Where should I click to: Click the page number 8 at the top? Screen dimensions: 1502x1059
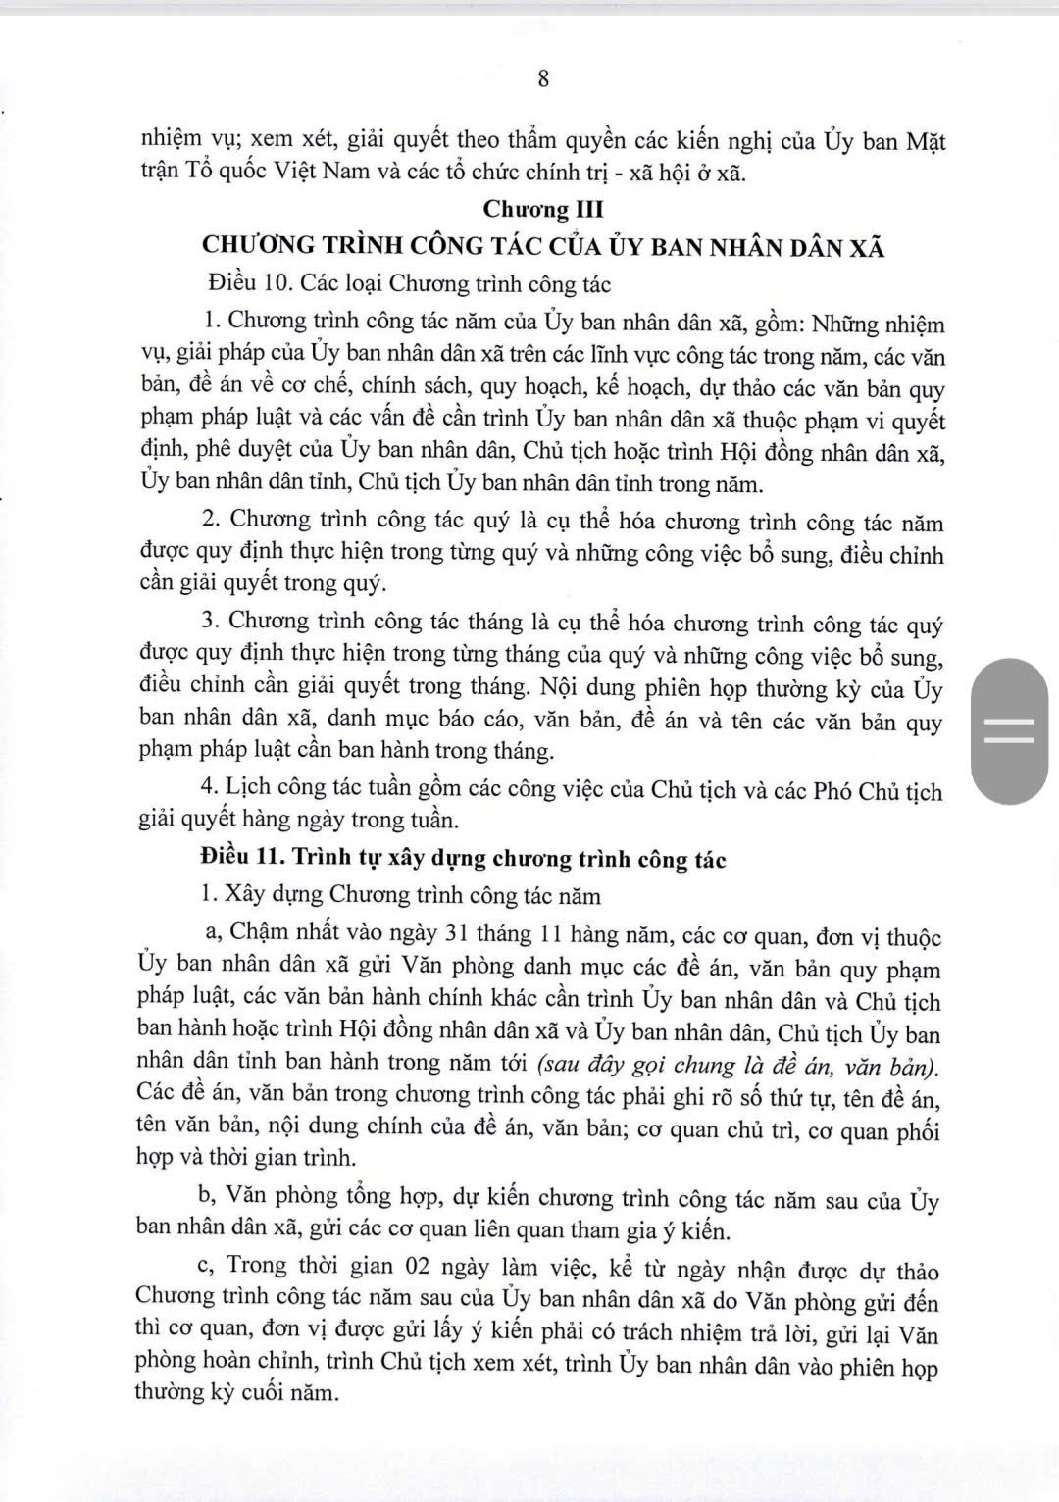(x=543, y=79)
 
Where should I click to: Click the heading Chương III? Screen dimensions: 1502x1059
(x=543, y=209)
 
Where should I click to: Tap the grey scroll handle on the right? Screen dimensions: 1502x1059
(x=1009, y=731)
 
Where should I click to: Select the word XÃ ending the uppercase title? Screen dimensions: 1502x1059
(x=869, y=247)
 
